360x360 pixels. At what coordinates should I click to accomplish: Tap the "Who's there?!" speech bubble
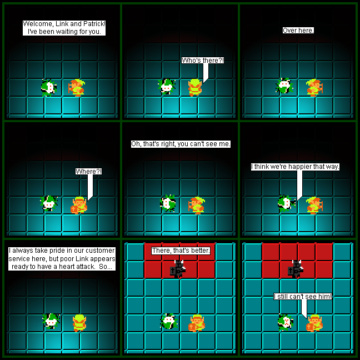[x=202, y=61]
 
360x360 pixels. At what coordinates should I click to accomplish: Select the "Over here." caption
[x=298, y=31]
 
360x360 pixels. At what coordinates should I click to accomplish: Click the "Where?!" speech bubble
[x=89, y=172]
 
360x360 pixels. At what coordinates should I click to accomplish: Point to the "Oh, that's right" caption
[x=181, y=144]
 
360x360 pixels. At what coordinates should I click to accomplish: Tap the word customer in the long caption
[x=100, y=251]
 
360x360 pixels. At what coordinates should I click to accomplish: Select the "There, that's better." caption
[x=181, y=251]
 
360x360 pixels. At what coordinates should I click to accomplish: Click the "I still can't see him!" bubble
[x=303, y=297]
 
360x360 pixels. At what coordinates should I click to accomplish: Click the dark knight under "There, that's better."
[x=178, y=269]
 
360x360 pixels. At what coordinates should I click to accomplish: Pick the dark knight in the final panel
[x=296, y=269]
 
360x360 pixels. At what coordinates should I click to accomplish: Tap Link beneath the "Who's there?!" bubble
[x=195, y=87]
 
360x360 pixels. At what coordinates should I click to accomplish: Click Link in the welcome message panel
[x=77, y=87]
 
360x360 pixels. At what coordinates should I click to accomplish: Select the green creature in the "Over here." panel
[x=284, y=86]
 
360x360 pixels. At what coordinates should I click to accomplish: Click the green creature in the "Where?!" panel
[x=49, y=203]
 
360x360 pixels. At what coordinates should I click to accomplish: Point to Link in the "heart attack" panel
[x=79, y=323]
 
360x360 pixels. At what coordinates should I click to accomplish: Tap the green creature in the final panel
[x=286, y=322]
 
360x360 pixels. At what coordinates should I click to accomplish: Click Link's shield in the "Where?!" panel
[x=74, y=209]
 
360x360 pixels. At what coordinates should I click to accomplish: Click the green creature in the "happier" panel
[x=286, y=204]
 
